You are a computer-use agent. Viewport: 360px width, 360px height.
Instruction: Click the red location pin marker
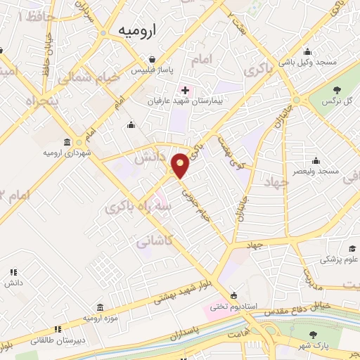(x=180, y=165)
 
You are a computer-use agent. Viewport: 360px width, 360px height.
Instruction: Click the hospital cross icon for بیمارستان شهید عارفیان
(x=185, y=89)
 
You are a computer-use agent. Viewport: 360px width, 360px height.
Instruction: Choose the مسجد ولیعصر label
(x=317, y=171)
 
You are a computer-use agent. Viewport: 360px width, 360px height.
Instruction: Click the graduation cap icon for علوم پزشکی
(x=352, y=248)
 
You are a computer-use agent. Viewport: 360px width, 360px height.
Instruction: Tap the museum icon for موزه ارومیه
(x=100, y=307)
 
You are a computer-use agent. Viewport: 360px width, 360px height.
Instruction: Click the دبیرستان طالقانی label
(x=59, y=340)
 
